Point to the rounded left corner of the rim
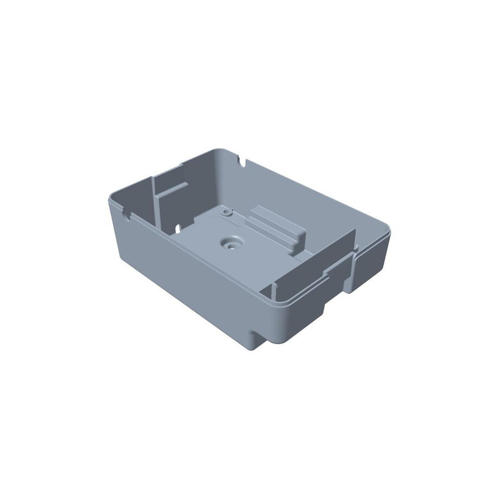(x=111, y=199)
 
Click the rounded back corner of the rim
(x=218, y=150)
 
